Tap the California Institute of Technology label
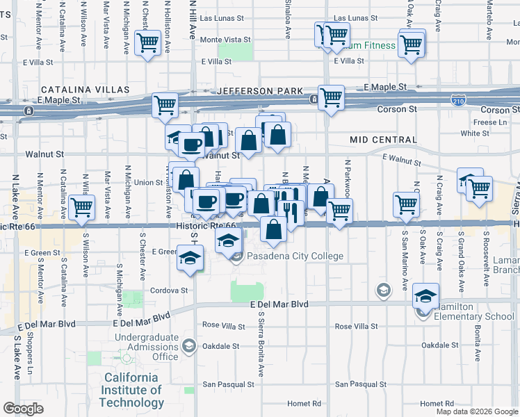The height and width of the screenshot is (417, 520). pos(133,390)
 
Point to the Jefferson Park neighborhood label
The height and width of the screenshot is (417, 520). pos(260,91)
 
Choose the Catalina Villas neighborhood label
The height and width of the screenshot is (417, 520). pos(85,90)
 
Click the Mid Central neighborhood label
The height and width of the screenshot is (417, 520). pos(383,140)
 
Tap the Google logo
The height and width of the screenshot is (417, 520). pos(23,409)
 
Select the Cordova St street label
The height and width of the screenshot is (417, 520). pos(170,291)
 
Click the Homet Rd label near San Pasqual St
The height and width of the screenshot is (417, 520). pos(306,403)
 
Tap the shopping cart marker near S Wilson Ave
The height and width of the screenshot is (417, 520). pos(82,206)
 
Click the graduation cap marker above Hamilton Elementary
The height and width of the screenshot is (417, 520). pos(425,296)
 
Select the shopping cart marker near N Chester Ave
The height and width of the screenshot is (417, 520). pos(147,42)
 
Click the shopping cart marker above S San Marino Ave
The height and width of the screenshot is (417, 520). pos(406,204)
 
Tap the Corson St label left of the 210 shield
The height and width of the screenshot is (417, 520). pos(397,109)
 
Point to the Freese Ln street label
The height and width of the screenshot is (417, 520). pos(491,122)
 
